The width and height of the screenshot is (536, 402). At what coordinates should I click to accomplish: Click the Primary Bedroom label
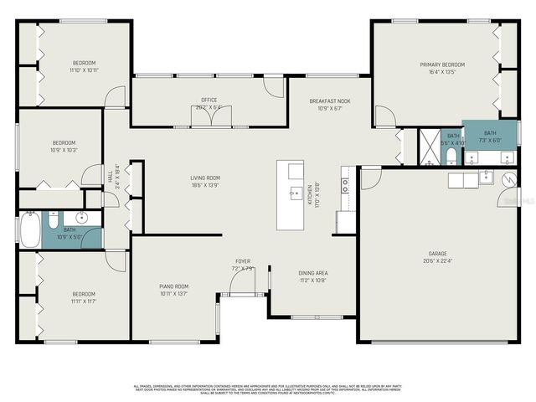pyautogui.click(x=442, y=64)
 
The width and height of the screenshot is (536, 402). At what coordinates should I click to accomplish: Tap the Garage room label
pyautogui.click(x=435, y=252)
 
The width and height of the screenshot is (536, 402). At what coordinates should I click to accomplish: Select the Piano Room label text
pyautogui.click(x=174, y=286)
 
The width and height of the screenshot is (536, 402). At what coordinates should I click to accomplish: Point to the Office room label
pyautogui.click(x=209, y=100)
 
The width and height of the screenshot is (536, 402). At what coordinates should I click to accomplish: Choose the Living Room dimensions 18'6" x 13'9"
pyautogui.click(x=204, y=184)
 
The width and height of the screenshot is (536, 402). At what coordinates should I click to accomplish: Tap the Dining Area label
pyautogui.click(x=313, y=273)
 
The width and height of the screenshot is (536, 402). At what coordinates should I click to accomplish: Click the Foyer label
pyautogui.click(x=242, y=261)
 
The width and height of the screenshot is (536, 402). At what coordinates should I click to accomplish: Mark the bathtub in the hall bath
pyautogui.click(x=29, y=229)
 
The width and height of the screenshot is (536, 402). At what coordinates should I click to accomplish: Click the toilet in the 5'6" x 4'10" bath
pyautogui.click(x=451, y=155)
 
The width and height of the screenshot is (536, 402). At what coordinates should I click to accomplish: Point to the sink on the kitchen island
pyautogui.click(x=295, y=193)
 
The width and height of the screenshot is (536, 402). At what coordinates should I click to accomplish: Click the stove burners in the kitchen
pyautogui.click(x=344, y=186)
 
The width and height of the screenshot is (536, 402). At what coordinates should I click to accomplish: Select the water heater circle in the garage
pyautogui.click(x=508, y=178)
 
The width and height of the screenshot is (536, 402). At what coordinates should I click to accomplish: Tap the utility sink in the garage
pyautogui.click(x=486, y=177)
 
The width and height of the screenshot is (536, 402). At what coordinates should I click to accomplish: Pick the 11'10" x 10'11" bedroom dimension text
pyautogui.click(x=84, y=70)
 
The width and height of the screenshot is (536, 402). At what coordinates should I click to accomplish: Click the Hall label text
pyautogui.click(x=110, y=177)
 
